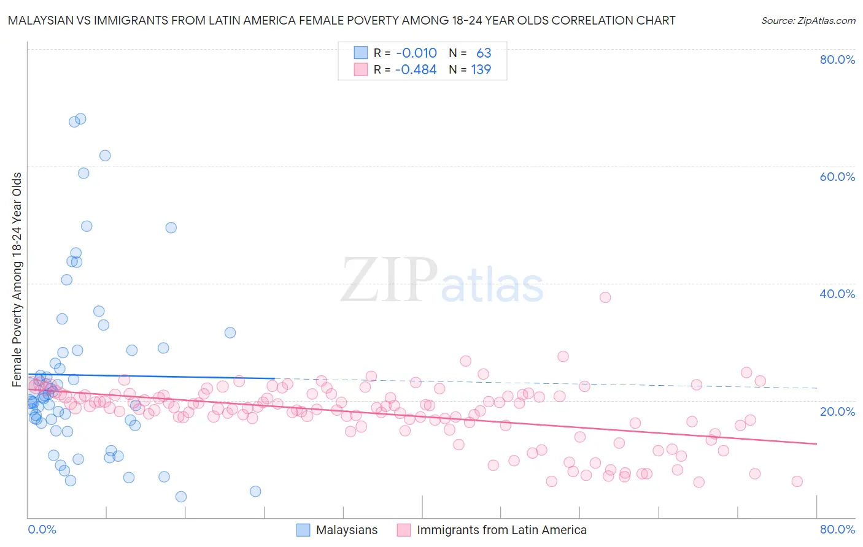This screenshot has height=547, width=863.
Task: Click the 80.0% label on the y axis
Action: click(x=837, y=59)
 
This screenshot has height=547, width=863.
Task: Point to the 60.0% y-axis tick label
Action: click(x=837, y=177)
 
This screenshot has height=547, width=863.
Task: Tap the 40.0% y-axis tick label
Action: click(x=837, y=294)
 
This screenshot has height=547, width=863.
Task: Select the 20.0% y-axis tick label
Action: click(x=837, y=411)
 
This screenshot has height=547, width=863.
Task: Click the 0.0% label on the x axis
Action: click(x=42, y=529)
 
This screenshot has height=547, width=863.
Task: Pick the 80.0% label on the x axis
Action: click(x=837, y=529)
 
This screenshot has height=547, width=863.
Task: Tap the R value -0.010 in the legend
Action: click(x=416, y=53)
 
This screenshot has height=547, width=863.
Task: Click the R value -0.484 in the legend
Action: click(x=416, y=70)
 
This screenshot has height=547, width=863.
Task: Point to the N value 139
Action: click(x=481, y=70)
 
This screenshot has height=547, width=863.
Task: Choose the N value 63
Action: click(x=484, y=53)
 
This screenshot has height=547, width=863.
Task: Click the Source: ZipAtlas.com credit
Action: click(x=808, y=21)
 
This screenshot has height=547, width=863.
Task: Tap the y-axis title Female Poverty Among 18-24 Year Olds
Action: click(x=17, y=280)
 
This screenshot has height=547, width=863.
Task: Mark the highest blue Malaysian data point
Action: click(x=80, y=119)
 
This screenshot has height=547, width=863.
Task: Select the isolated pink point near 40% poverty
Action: click(x=605, y=297)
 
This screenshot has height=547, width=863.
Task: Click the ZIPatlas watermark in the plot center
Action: click(x=442, y=281)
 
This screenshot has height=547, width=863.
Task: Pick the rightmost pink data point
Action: click(x=797, y=481)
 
